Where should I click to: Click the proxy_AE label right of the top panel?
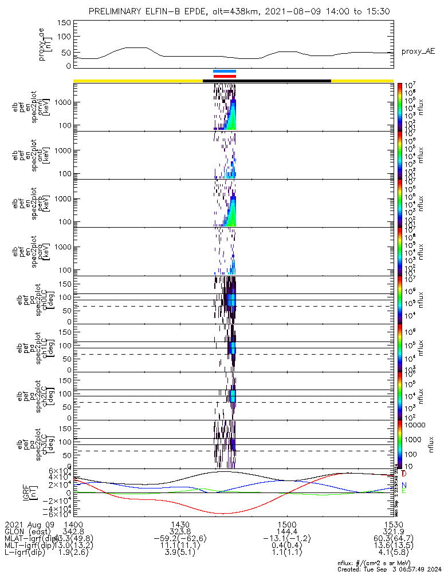point(418,51)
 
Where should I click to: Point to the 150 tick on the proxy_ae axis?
point(64,23)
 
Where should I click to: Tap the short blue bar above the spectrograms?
point(225,71)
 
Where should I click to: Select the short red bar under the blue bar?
point(225,76)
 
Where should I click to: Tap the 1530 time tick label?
point(393,525)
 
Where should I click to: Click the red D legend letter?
point(404,474)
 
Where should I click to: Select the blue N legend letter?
point(404,485)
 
